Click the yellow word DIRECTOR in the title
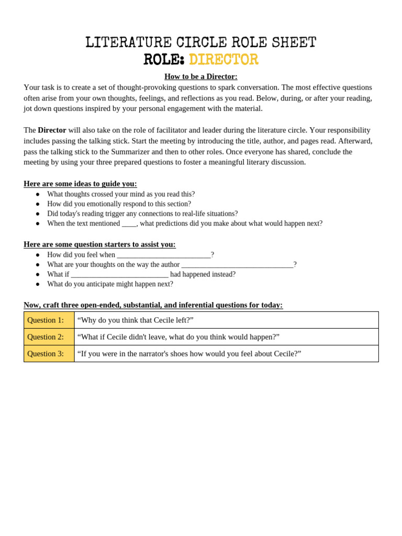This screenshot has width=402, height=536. coord(224,60)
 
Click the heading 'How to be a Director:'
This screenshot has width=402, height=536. coord(200,76)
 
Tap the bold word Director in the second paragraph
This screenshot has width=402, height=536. coord(52,130)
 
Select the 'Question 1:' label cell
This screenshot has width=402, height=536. coord(49,320)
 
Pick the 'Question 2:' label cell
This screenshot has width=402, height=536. coord(49,337)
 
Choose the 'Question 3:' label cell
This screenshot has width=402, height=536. coord(49,354)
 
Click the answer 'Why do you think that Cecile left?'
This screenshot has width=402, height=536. coord(135,320)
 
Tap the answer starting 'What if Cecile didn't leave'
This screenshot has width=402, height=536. coord(178,337)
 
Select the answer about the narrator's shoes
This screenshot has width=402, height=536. coord(189,354)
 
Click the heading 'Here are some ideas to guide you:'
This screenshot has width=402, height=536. coord(80,184)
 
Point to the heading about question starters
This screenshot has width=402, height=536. coord(99,244)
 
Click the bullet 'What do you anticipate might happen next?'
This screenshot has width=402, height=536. coord(110,284)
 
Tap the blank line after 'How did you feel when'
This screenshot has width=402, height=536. coord(163,255)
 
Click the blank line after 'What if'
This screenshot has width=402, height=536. coord(119,275)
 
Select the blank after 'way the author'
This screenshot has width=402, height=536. coord(237,265)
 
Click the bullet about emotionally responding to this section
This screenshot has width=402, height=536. coord(119,204)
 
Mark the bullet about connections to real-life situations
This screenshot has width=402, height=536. coord(142,214)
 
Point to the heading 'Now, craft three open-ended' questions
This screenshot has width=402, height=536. coord(153,305)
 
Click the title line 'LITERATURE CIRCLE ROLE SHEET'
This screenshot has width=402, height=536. coord(200,43)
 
